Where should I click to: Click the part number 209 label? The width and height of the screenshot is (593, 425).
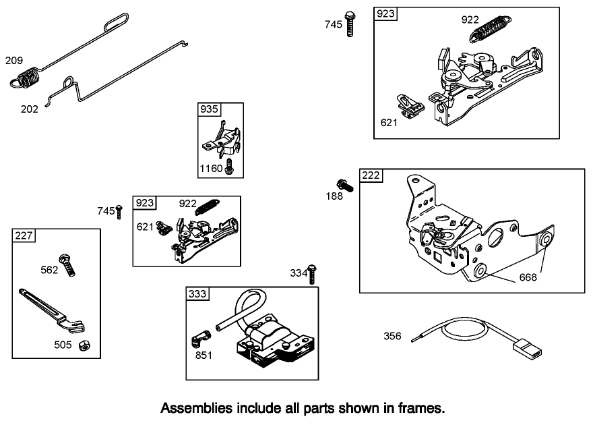click(14, 61)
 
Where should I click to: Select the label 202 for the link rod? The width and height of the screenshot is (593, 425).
click(30, 109)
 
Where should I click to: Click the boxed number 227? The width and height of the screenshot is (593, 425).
click(24, 235)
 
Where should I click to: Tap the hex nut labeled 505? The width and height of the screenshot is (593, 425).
click(86, 345)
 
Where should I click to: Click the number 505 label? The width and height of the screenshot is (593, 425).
click(63, 345)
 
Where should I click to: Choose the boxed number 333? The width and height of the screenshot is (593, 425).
click(197, 293)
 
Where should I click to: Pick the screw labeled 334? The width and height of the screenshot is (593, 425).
click(312, 271)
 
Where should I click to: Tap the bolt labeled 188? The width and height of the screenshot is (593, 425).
click(342, 183)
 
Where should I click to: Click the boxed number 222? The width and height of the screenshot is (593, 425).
click(371, 175)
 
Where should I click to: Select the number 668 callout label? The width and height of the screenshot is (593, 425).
click(528, 277)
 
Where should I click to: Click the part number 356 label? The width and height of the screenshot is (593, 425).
click(393, 335)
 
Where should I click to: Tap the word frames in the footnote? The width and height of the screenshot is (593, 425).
click(423, 408)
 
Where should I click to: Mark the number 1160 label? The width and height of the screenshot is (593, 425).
click(211, 168)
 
